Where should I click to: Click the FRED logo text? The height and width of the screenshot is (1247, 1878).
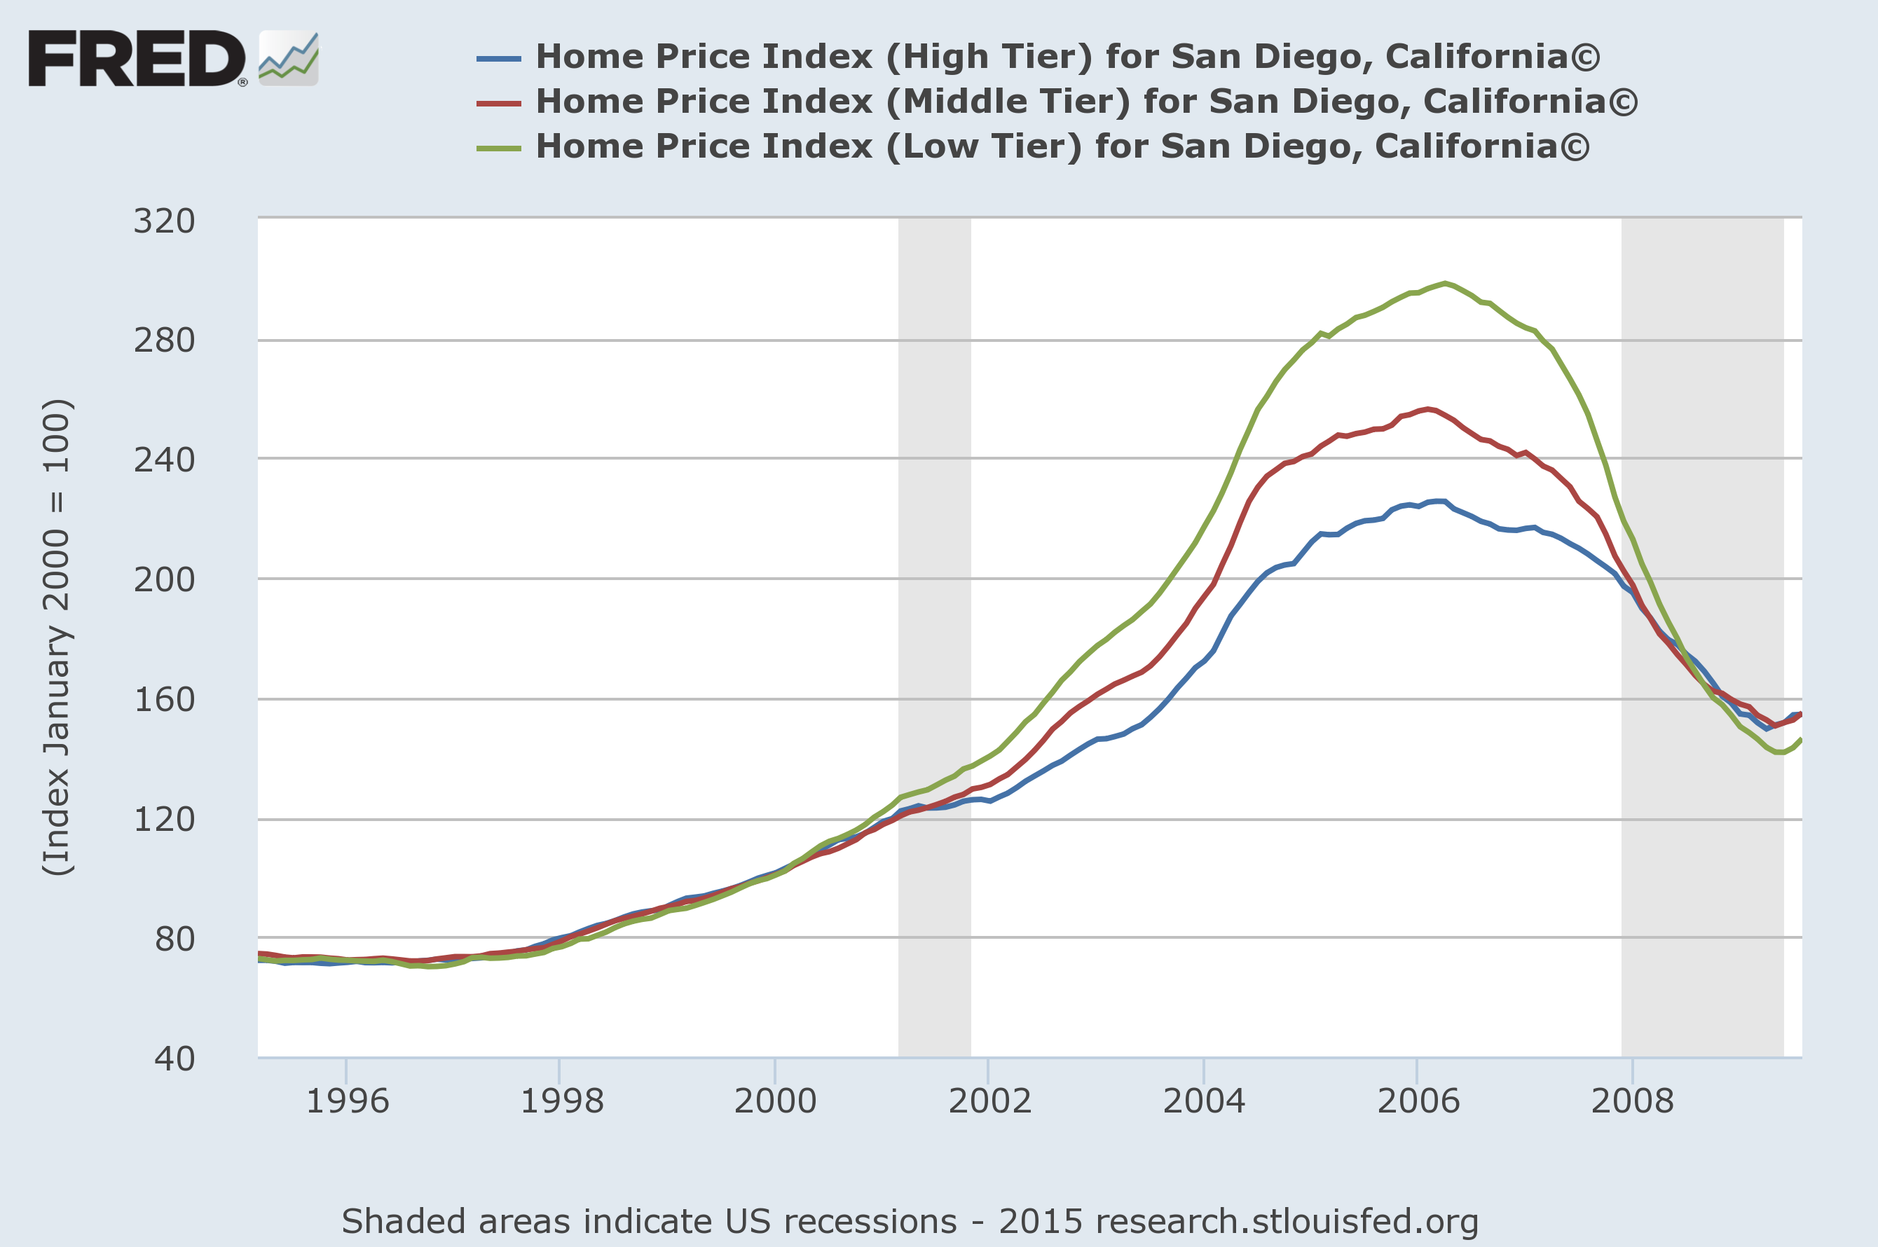click(x=137, y=58)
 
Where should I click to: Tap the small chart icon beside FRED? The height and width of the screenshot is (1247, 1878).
click(x=289, y=58)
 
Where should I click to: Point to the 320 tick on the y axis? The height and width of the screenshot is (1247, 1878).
click(x=164, y=221)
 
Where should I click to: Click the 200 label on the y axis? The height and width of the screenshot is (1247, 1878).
click(x=164, y=580)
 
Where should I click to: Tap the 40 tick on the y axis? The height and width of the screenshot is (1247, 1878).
click(x=174, y=1059)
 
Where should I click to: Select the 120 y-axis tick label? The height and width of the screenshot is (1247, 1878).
click(x=164, y=819)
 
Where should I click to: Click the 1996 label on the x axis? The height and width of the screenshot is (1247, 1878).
click(x=348, y=1101)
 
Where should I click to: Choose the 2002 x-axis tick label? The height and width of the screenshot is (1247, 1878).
click(x=989, y=1101)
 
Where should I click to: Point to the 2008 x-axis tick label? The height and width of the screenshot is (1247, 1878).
click(x=1632, y=1101)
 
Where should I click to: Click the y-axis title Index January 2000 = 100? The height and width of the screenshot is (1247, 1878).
click(x=57, y=636)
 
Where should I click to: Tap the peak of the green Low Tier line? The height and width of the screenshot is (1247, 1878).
click(x=1444, y=283)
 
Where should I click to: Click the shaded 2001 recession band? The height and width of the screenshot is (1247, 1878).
click(x=935, y=636)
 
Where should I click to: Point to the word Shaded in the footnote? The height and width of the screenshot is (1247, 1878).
click(x=399, y=1222)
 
